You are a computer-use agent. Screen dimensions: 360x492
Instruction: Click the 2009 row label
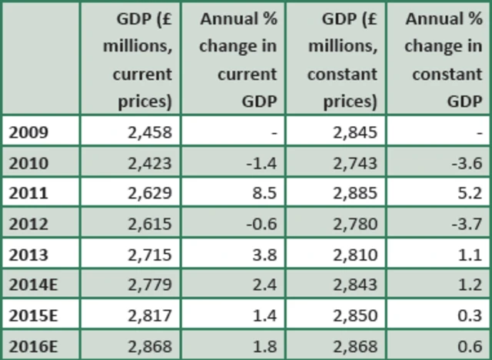29,132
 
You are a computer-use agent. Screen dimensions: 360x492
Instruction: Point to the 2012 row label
29,224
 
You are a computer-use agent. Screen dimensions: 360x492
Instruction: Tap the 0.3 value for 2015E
470,315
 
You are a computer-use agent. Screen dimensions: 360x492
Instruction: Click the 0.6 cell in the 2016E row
470,345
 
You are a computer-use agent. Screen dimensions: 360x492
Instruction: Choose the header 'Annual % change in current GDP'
238,59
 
